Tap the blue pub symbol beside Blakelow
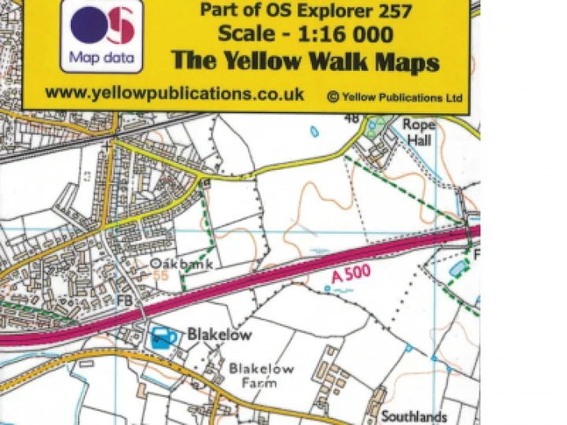[163, 337]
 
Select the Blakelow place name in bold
[219, 334]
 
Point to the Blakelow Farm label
[261, 375]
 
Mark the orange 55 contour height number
[161, 275]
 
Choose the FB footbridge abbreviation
[125, 302]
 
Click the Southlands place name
[414, 416]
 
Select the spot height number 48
[351, 117]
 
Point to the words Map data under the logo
[102, 57]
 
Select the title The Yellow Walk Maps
[305, 61]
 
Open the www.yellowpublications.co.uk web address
[174, 93]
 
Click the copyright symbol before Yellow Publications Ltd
[332, 97]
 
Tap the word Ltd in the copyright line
[453, 98]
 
